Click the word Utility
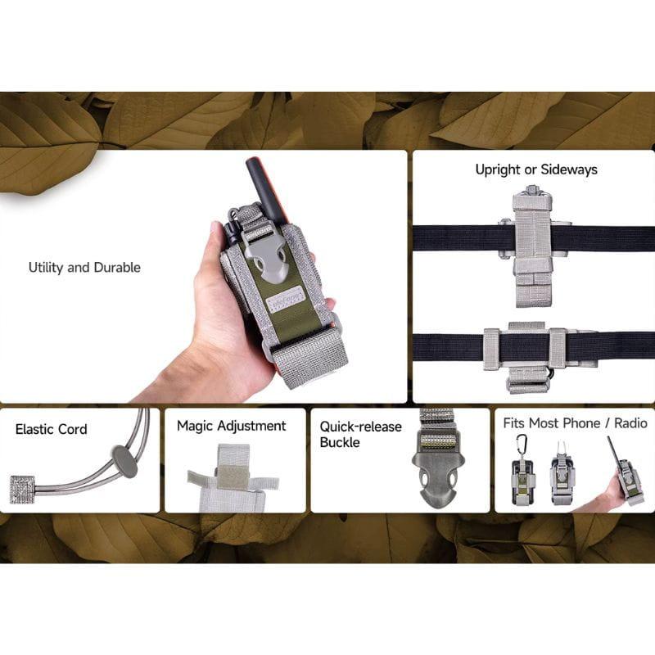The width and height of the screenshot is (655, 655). tap(46, 268)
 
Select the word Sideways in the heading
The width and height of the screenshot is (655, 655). tap(571, 170)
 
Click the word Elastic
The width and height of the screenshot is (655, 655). tap(35, 429)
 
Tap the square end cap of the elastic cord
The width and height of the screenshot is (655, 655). tap(22, 489)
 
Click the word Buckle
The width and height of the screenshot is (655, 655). tap(340, 443)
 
